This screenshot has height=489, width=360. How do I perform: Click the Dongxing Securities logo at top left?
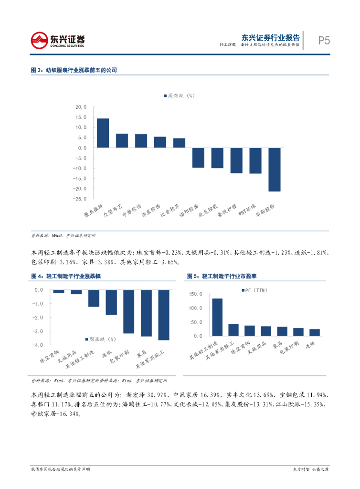(57, 40)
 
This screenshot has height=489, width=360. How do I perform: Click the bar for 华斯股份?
(274, 170)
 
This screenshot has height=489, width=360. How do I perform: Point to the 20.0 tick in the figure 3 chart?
(81, 107)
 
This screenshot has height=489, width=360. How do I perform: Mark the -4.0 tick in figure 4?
(38, 344)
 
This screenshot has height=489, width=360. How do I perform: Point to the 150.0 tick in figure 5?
(196, 294)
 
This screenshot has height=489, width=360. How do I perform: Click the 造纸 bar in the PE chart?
(315, 332)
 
